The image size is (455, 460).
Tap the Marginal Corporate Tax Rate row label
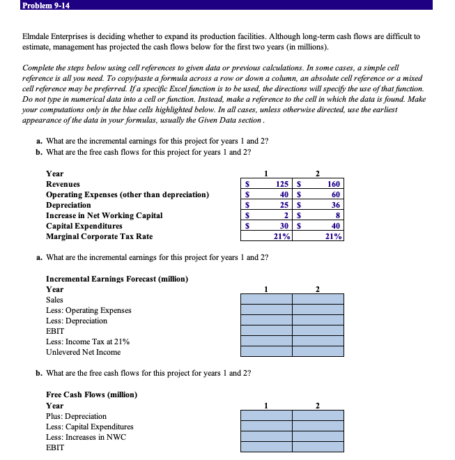99,237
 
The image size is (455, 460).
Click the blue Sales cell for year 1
266,300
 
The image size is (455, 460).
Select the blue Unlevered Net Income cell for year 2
318,352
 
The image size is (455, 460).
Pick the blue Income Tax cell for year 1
266,342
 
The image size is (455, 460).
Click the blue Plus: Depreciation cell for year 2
318,416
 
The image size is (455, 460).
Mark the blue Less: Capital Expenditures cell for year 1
266,427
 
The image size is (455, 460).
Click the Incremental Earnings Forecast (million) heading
116,279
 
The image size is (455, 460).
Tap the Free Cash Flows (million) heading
91,395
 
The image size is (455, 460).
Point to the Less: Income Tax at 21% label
87,342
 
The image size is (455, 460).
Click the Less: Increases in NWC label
86,437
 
